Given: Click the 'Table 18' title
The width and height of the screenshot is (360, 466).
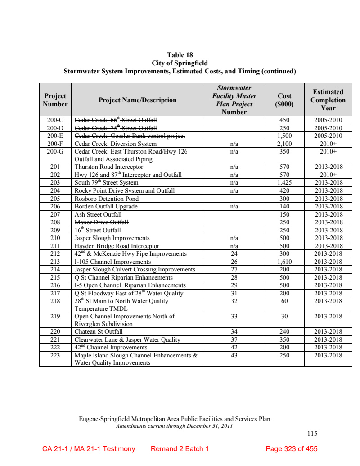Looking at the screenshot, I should coord(180,55).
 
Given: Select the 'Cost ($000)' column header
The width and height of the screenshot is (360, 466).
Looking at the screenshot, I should coord(284,100).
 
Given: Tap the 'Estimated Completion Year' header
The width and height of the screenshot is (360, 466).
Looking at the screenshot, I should coord(328,100).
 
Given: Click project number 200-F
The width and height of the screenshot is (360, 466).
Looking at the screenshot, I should coord(55,144).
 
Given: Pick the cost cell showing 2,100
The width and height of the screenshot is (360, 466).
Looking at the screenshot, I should coord(284,144).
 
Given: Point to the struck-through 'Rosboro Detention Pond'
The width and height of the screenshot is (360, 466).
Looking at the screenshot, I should coord(107,199).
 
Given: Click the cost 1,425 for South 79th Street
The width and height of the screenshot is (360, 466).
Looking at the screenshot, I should coord(284,183).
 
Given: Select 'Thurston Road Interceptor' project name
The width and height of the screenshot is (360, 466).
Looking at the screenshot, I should coord(109,167).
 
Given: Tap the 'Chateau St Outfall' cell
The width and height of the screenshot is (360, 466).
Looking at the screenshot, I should coord(99,332).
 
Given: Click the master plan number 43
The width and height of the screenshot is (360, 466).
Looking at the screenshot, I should coord(234,355).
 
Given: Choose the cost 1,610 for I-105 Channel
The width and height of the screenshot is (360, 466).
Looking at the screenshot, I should coord(284,262).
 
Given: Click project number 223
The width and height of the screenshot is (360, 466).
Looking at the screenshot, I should coord(55,355).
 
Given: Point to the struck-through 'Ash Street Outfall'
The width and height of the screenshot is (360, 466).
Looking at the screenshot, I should coord(98,214).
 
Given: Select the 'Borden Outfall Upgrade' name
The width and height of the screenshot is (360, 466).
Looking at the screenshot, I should coord(106,206).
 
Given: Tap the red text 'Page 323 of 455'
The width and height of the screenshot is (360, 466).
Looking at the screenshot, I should coord(292,449).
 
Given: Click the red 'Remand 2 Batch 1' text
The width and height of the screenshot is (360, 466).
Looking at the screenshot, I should coord(180,449).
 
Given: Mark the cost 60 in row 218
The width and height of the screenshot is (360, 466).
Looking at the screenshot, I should coord(284,301).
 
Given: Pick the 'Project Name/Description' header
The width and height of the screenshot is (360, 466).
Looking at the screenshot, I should coord(138,100).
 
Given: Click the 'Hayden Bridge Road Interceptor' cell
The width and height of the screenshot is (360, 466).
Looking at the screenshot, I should coord(117,246).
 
